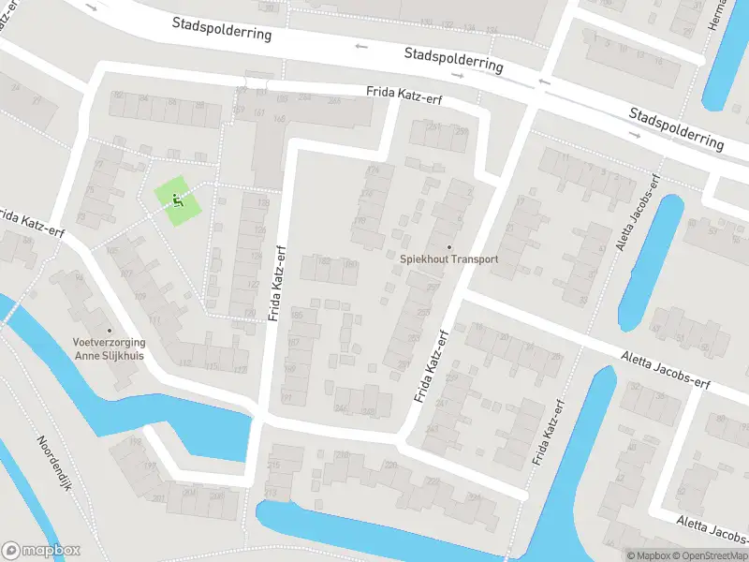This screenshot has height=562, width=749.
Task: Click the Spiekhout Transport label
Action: click(x=448, y=259)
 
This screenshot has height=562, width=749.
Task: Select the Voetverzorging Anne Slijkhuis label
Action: click(x=110, y=348)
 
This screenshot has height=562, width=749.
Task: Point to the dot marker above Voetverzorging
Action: click(x=110, y=330)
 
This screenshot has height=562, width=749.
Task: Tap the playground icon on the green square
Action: click(x=178, y=200)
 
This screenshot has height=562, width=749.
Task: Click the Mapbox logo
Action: click(x=40, y=551)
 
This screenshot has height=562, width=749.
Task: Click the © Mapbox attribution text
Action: click(x=647, y=555)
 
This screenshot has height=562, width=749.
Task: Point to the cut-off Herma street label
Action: click(x=719, y=15)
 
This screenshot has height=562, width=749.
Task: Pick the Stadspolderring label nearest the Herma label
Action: click(x=676, y=128)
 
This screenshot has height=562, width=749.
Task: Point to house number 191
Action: click(x=350, y=265)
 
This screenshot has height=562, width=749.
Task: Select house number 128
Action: click(x=262, y=203)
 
